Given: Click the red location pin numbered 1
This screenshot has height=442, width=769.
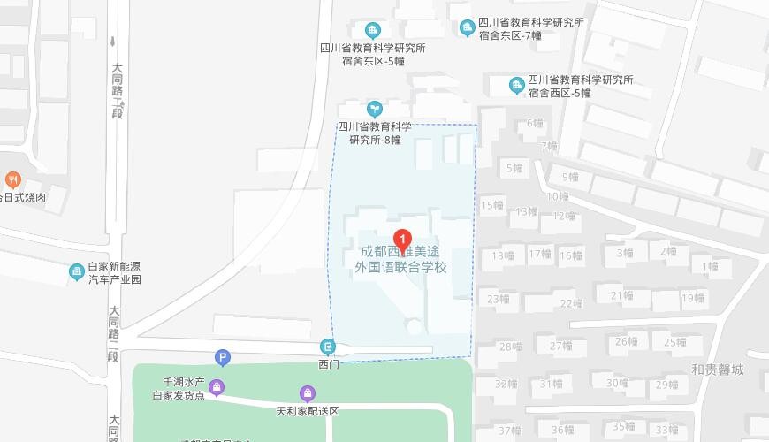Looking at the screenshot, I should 402,239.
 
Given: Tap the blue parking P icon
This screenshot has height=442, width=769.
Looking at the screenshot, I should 223,358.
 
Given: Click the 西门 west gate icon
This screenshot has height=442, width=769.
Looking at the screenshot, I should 329,347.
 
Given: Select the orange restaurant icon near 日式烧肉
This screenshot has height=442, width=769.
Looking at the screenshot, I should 12,180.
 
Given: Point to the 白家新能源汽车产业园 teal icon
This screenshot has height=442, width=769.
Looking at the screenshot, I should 76,272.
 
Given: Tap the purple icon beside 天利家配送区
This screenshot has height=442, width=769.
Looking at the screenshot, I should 307,393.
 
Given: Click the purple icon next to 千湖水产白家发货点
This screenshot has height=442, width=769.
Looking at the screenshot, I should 217,387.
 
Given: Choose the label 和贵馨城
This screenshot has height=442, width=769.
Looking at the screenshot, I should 718,370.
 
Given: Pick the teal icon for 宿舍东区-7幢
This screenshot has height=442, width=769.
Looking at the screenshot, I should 467,29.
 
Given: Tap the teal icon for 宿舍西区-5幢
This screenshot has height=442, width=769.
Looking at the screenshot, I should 517,86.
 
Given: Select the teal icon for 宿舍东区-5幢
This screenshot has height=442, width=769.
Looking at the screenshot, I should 373,32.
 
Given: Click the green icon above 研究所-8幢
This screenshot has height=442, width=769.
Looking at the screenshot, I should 375,109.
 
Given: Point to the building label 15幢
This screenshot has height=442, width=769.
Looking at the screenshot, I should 491,205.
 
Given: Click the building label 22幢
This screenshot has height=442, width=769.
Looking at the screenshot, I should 571,303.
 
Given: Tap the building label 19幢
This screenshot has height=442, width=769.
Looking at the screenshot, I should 693,298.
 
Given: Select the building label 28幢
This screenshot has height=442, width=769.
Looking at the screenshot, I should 510,347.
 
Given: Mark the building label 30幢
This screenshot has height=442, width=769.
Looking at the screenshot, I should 618,383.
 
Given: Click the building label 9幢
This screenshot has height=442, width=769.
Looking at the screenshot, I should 570,177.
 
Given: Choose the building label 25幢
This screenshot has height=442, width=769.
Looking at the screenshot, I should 675,342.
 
